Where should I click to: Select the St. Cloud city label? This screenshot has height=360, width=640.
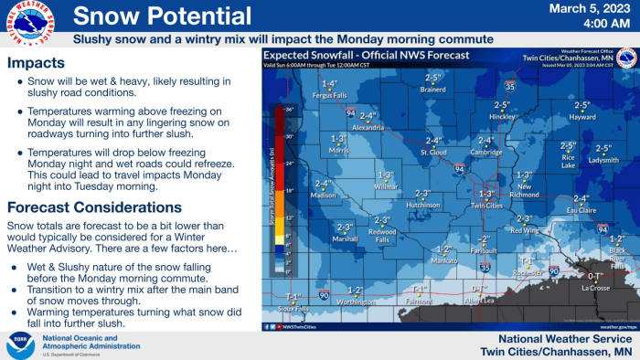[433, 153]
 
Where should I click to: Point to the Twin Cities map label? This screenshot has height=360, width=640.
[486, 206]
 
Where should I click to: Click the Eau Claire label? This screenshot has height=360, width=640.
[581, 210]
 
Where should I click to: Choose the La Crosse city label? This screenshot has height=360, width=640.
[595, 288]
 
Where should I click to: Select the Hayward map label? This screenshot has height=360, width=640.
[581, 117]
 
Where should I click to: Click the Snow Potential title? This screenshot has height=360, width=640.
[162, 16]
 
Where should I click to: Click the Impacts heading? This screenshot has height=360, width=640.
[36, 64]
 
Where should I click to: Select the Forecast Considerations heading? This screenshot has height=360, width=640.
[94, 206]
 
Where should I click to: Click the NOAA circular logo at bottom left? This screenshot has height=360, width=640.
[19, 344]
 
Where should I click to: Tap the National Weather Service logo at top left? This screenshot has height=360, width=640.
[26, 23]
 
